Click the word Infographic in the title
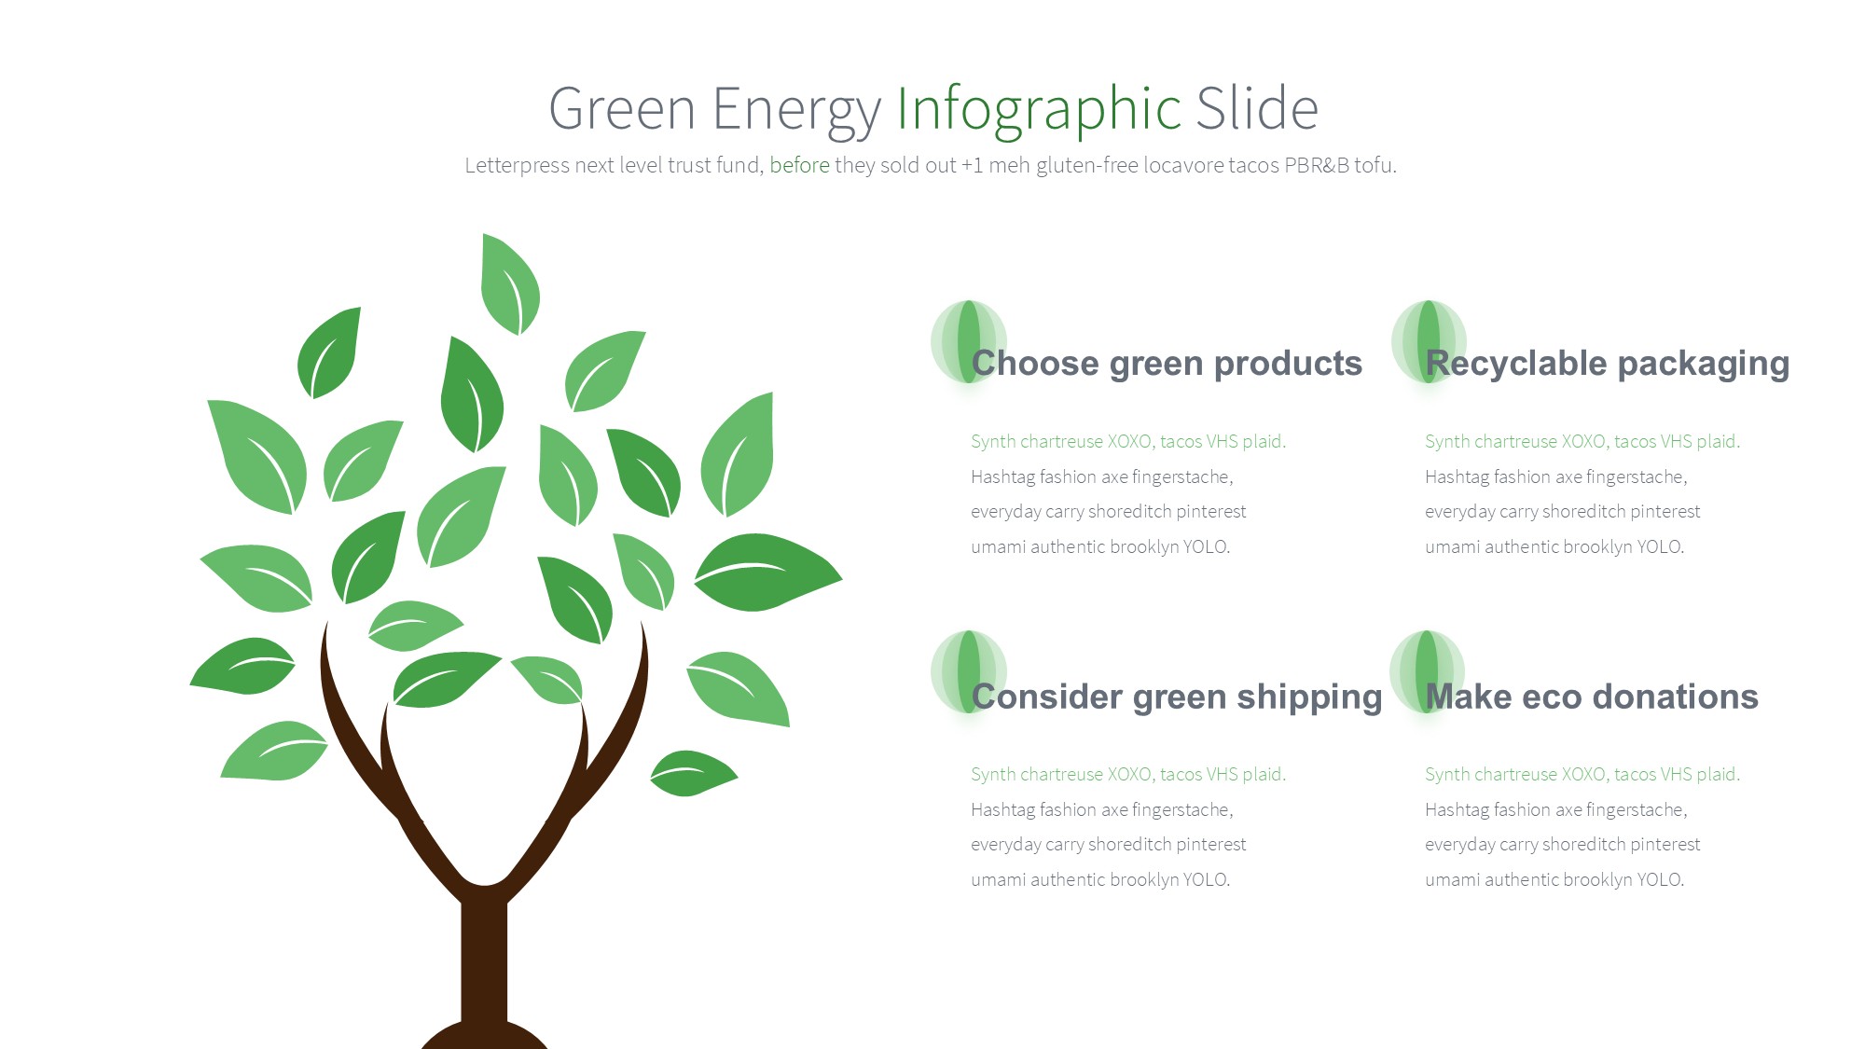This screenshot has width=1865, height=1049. [1039, 109]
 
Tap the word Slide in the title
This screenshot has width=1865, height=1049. [1257, 108]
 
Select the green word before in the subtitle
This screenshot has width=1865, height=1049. [799, 165]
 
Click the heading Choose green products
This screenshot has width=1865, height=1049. [1167, 363]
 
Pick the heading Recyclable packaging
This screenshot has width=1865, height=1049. [1608, 363]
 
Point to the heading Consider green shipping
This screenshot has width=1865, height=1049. [1177, 697]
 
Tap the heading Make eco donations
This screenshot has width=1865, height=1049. [1592, 697]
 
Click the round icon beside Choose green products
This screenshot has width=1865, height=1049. [969, 341]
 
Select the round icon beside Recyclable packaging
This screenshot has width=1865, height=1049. [1429, 341]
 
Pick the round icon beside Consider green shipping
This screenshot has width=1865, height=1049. [969, 671]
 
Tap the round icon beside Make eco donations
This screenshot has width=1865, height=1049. [1428, 671]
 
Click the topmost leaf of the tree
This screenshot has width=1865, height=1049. [509, 284]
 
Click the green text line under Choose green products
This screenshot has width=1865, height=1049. [1128, 441]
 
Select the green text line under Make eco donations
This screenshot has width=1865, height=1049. [1582, 774]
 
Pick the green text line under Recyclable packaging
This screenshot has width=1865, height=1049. [1582, 441]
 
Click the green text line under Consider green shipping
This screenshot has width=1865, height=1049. [1128, 774]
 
